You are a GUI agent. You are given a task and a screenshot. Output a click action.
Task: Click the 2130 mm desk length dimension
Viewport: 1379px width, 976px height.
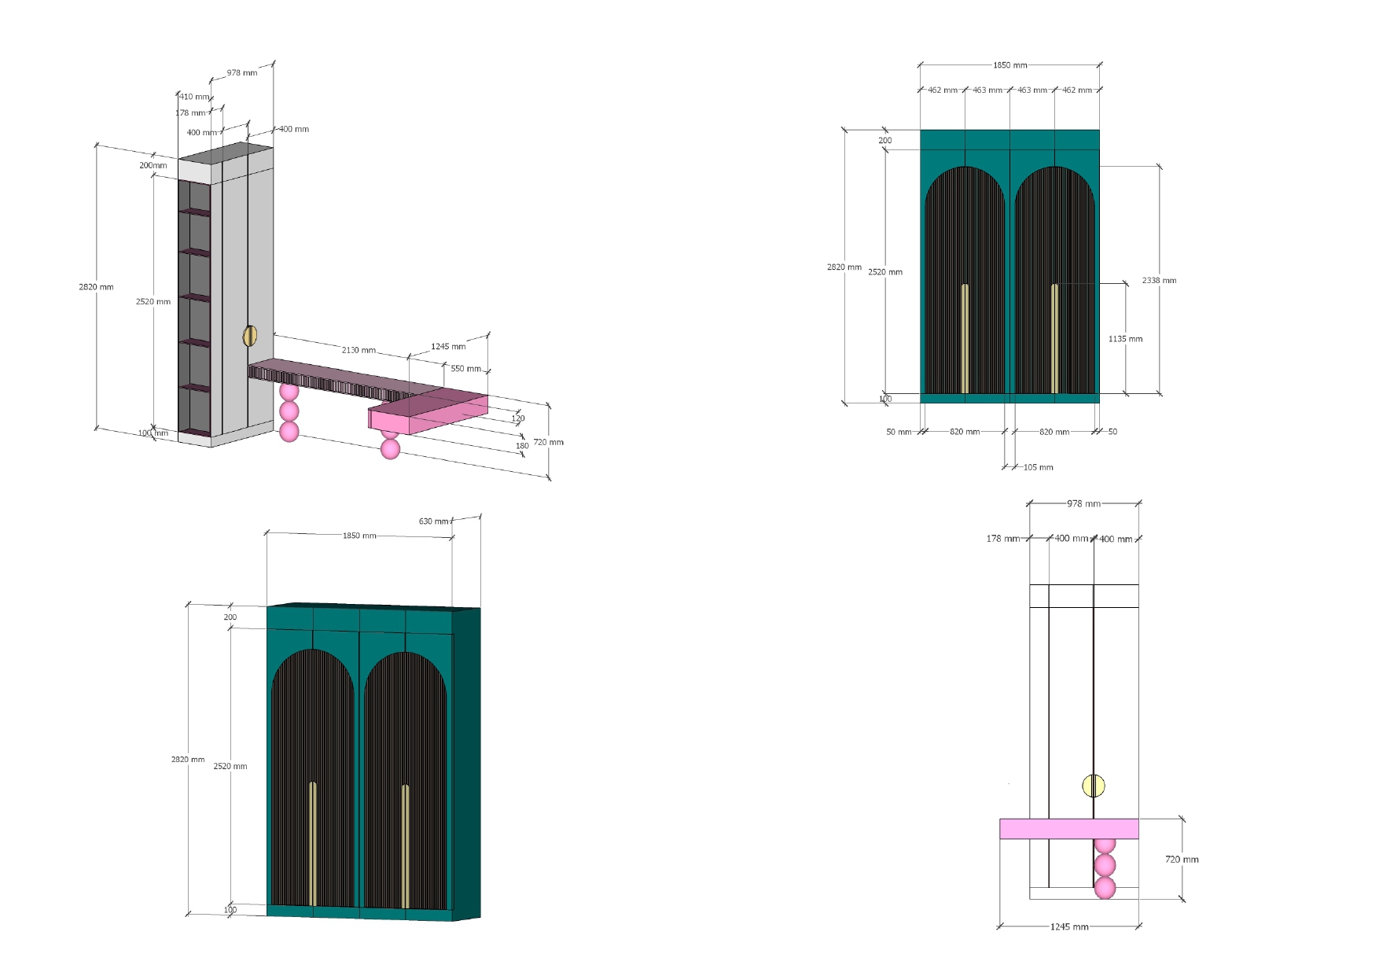(x=359, y=350)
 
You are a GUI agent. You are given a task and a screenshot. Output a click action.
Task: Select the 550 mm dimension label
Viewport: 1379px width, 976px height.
(x=465, y=368)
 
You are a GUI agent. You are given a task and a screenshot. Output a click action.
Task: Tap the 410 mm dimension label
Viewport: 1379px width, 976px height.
(x=194, y=97)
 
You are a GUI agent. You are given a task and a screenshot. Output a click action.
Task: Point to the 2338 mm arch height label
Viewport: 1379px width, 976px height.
(x=1159, y=280)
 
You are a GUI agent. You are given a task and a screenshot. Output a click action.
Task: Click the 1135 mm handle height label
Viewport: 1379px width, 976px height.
(x=1125, y=339)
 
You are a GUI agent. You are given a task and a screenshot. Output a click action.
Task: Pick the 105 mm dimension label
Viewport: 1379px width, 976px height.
(x=1038, y=467)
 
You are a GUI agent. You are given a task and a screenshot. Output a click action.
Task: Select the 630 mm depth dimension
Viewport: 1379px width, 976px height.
(x=433, y=521)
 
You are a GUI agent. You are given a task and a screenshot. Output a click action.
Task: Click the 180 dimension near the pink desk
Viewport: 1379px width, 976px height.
(x=522, y=446)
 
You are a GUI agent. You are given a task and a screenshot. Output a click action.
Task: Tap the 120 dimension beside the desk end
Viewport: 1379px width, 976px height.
(x=518, y=418)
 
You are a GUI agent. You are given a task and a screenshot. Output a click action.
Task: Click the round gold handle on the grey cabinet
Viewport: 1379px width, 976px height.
(x=250, y=336)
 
